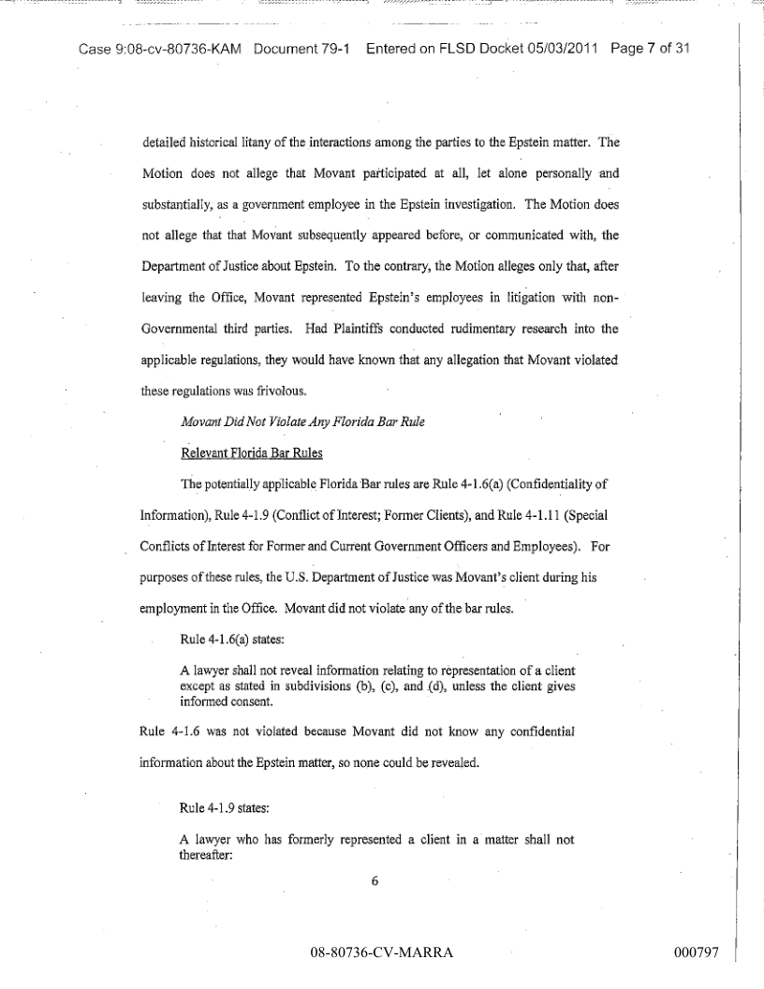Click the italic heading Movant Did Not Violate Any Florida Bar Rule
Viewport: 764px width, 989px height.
[301, 421]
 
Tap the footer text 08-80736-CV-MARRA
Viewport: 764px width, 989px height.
[381, 953]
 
